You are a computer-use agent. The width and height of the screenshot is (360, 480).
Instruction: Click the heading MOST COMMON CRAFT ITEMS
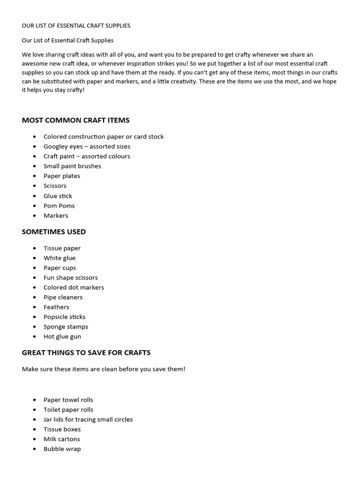click(75, 120)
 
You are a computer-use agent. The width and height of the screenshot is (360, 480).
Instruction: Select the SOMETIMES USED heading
click(54, 232)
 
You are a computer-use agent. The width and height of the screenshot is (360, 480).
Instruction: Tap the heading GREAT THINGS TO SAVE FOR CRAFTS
click(86, 352)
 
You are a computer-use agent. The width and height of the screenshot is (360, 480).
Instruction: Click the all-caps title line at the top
click(76, 26)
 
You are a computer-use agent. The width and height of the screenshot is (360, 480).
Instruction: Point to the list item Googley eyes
click(87, 146)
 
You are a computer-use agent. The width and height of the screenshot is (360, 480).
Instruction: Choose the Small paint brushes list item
click(72, 166)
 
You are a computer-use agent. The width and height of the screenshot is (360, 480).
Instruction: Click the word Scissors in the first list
click(55, 186)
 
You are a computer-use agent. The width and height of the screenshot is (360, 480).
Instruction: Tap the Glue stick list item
click(58, 196)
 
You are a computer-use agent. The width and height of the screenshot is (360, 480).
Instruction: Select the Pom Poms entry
click(59, 206)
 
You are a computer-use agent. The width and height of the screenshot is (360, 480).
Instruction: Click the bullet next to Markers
click(35, 216)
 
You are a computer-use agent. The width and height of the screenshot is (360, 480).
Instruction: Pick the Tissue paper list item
click(62, 248)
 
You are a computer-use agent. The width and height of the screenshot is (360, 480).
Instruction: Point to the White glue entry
click(60, 258)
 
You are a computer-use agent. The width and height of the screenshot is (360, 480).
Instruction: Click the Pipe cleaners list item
click(63, 297)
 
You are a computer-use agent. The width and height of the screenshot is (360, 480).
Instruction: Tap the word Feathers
click(56, 307)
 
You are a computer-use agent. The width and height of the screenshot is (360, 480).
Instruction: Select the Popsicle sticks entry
click(64, 317)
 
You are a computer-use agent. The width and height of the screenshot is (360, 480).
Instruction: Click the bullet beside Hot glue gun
click(35, 337)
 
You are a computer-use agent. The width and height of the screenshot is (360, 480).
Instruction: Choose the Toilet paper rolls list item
click(68, 410)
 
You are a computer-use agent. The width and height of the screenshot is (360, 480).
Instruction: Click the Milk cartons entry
click(62, 439)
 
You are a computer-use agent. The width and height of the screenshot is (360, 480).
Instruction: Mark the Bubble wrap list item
click(62, 449)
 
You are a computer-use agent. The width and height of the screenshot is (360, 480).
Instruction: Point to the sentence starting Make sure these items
click(104, 369)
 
